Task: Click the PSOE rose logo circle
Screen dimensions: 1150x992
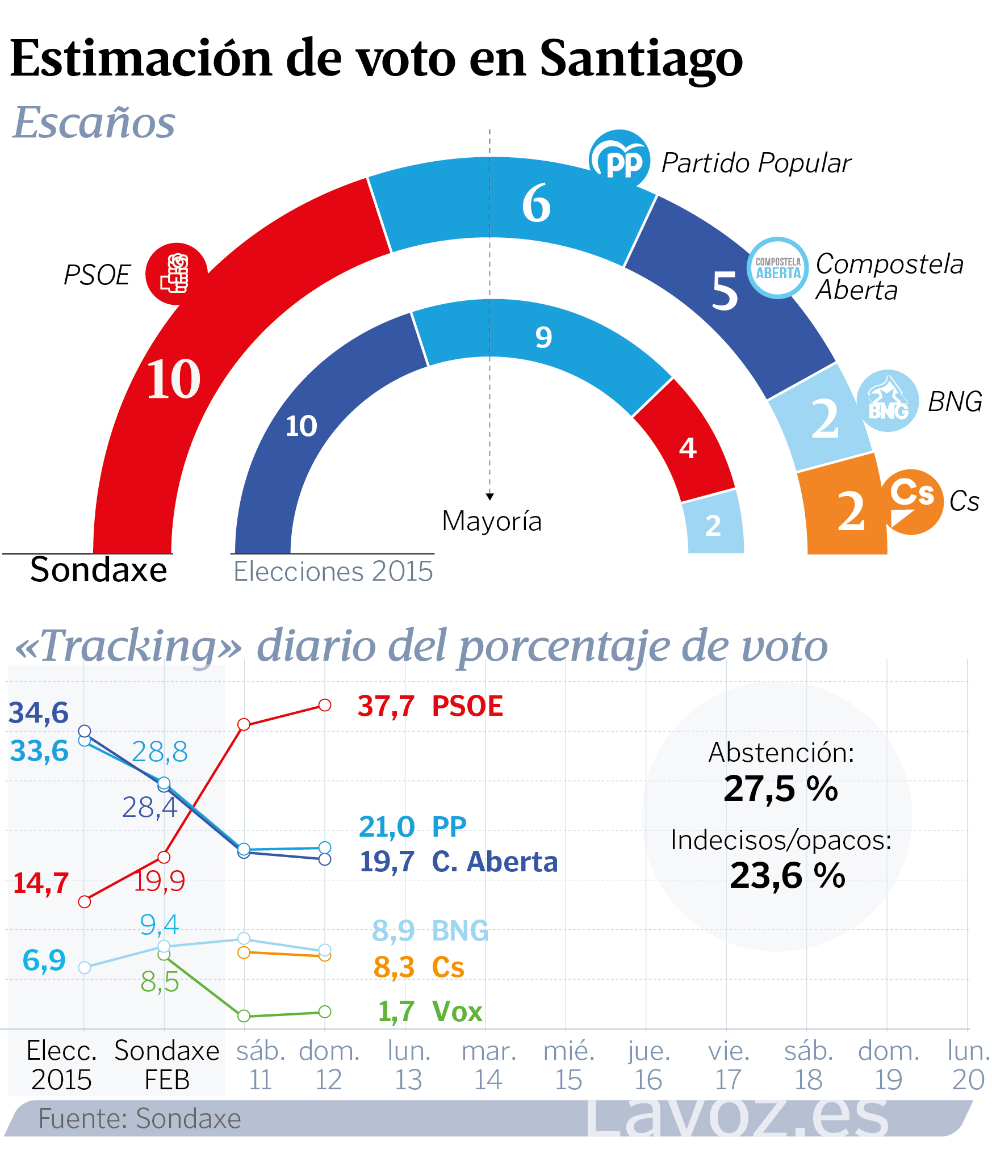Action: coord(177,274)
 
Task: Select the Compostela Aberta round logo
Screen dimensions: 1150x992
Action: coord(778,267)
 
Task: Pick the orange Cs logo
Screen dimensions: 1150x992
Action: coord(911,501)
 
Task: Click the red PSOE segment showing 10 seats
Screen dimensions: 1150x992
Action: coord(170,380)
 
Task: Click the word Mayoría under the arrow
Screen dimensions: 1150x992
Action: coord(492,521)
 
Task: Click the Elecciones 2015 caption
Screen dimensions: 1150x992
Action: coord(333,572)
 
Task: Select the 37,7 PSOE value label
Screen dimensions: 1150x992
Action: coord(430,706)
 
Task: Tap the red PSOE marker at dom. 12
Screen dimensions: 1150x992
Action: coord(325,705)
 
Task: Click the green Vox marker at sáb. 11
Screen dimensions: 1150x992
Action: coord(244,1015)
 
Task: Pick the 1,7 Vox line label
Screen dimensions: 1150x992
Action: coord(430,1012)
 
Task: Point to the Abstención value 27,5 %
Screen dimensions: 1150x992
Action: coord(781,788)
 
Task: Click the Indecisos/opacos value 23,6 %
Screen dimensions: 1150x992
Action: coord(788,875)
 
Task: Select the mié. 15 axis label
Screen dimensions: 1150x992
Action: coord(569,1065)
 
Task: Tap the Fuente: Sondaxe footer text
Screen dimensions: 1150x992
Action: coord(140,1119)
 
